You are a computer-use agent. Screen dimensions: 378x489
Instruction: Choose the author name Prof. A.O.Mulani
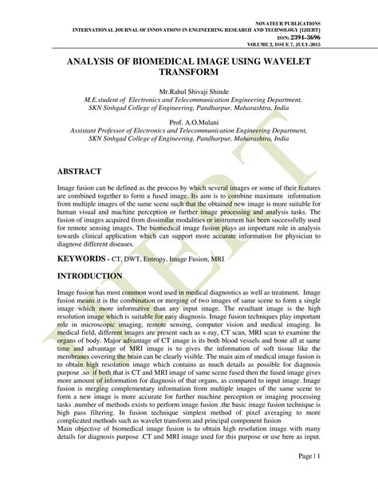tap(189, 122)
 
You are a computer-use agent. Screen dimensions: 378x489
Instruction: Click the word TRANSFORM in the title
tap(189, 73)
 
